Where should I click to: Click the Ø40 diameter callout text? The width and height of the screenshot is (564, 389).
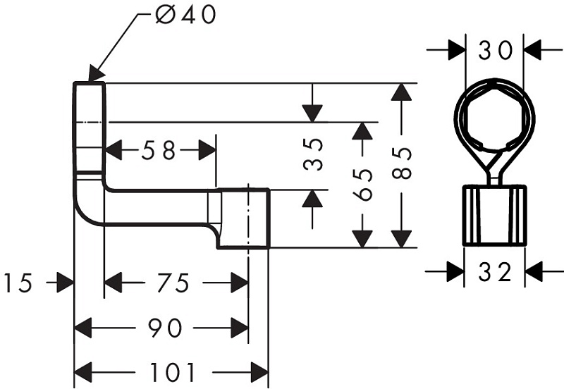tap(186, 15)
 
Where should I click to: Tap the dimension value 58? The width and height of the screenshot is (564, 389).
tap(158, 150)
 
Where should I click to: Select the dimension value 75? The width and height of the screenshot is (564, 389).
tap(173, 283)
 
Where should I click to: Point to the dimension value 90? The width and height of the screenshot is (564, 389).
tap(165, 328)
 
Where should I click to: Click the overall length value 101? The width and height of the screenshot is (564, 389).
tap(172, 372)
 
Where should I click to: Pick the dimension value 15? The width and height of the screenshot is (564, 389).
tap(18, 283)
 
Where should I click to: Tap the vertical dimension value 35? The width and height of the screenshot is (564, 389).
tap(313, 154)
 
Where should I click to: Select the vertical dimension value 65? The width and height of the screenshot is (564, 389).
tap(362, 185)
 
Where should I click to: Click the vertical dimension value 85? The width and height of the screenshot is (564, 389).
tap(401, 163)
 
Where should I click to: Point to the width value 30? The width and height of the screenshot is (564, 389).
tap(495, 50)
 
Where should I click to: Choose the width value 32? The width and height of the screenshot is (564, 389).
tap(495, 271)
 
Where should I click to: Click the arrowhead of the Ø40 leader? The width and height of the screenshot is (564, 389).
tap(96, 75)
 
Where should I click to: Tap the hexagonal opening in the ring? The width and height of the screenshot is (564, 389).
tap(495, 117)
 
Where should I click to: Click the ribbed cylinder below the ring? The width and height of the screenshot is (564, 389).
tap(495, 216)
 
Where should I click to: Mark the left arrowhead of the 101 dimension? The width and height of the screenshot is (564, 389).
tap(82, 372)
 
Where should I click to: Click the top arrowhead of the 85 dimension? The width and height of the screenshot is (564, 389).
tap(401, 92)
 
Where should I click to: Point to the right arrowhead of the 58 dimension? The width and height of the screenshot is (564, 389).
tap(207, 150)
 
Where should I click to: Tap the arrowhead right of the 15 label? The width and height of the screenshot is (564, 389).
tap(65, 283)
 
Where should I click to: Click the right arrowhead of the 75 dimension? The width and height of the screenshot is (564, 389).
tap(240, 283)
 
